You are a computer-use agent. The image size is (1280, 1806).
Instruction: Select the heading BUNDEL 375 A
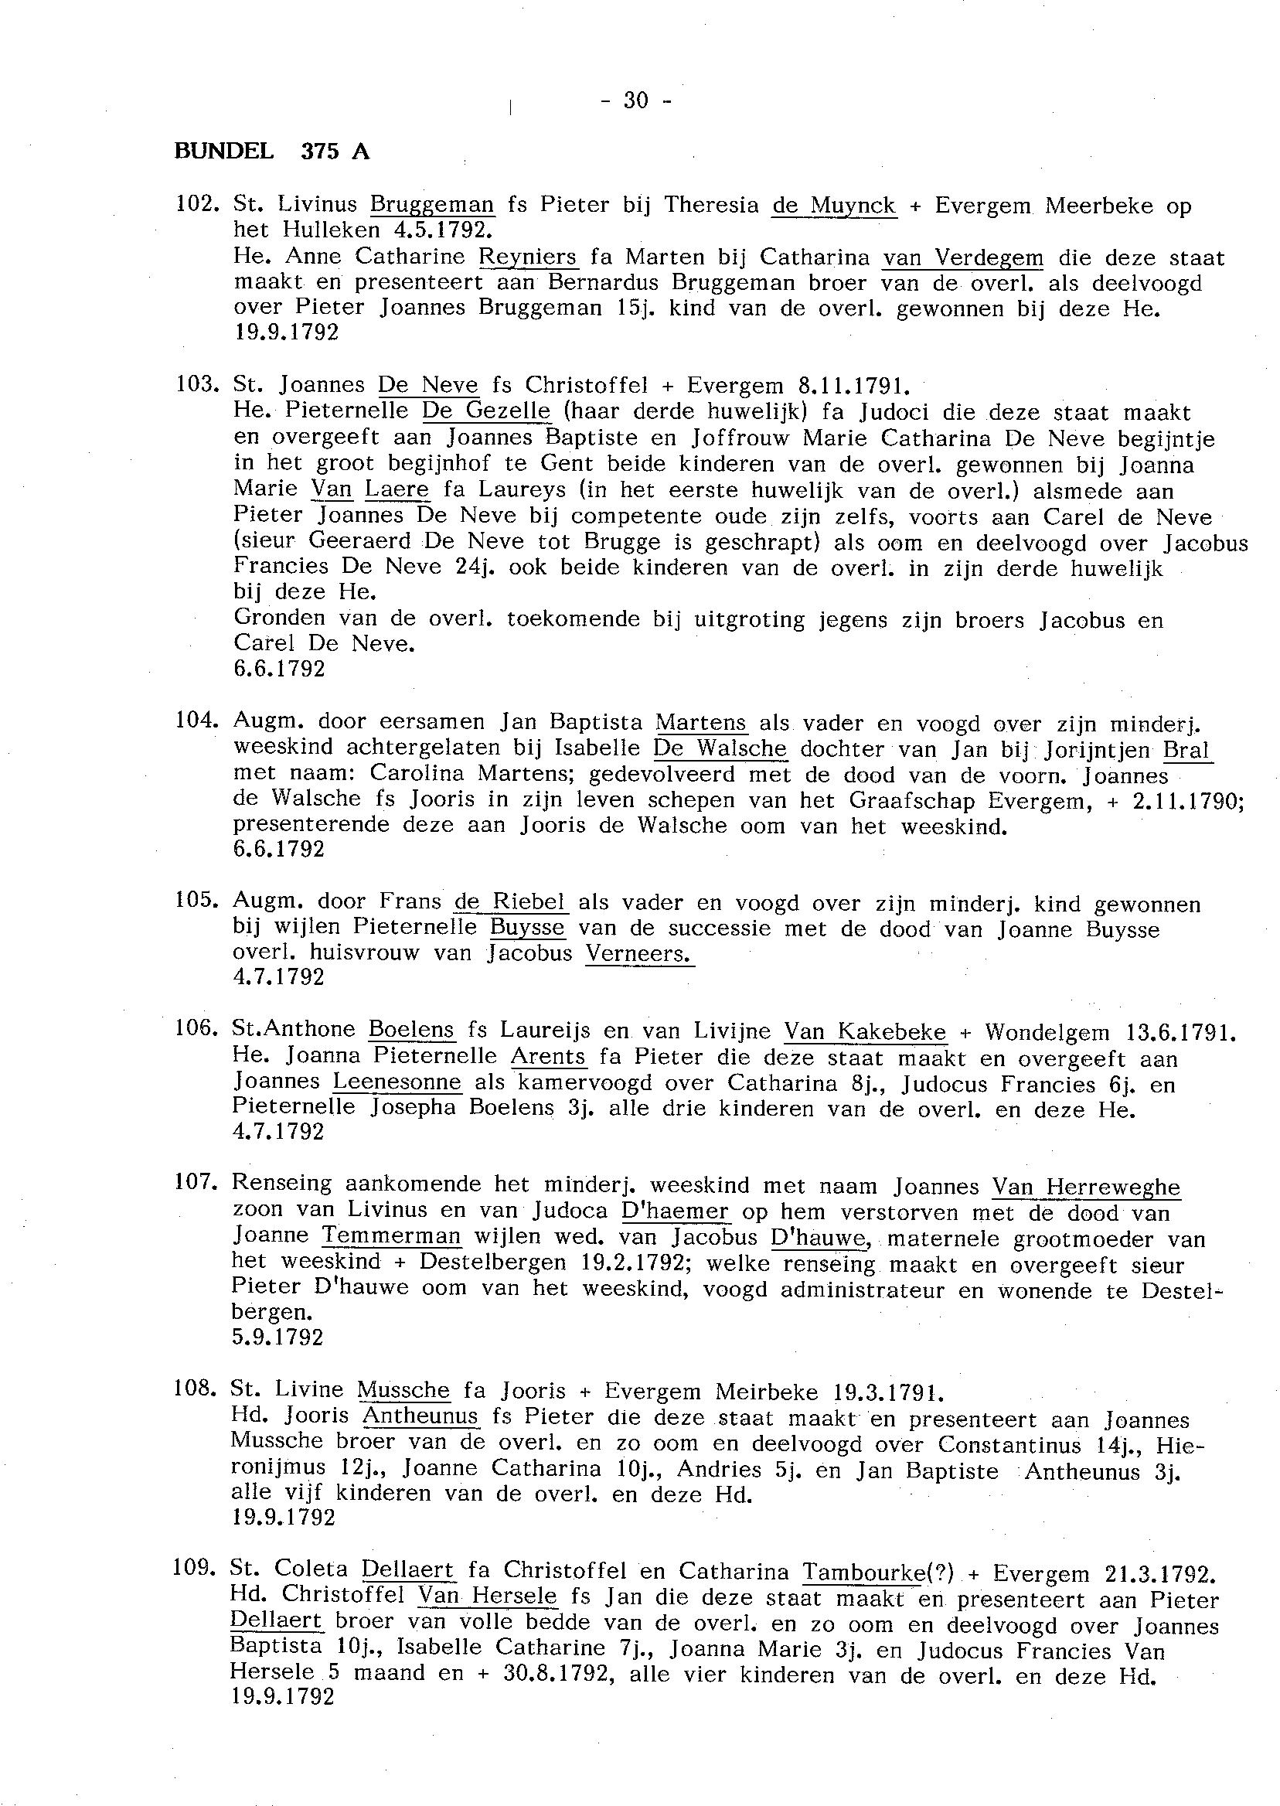(272, 152)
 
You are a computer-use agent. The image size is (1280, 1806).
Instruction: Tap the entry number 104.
(194, 720)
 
